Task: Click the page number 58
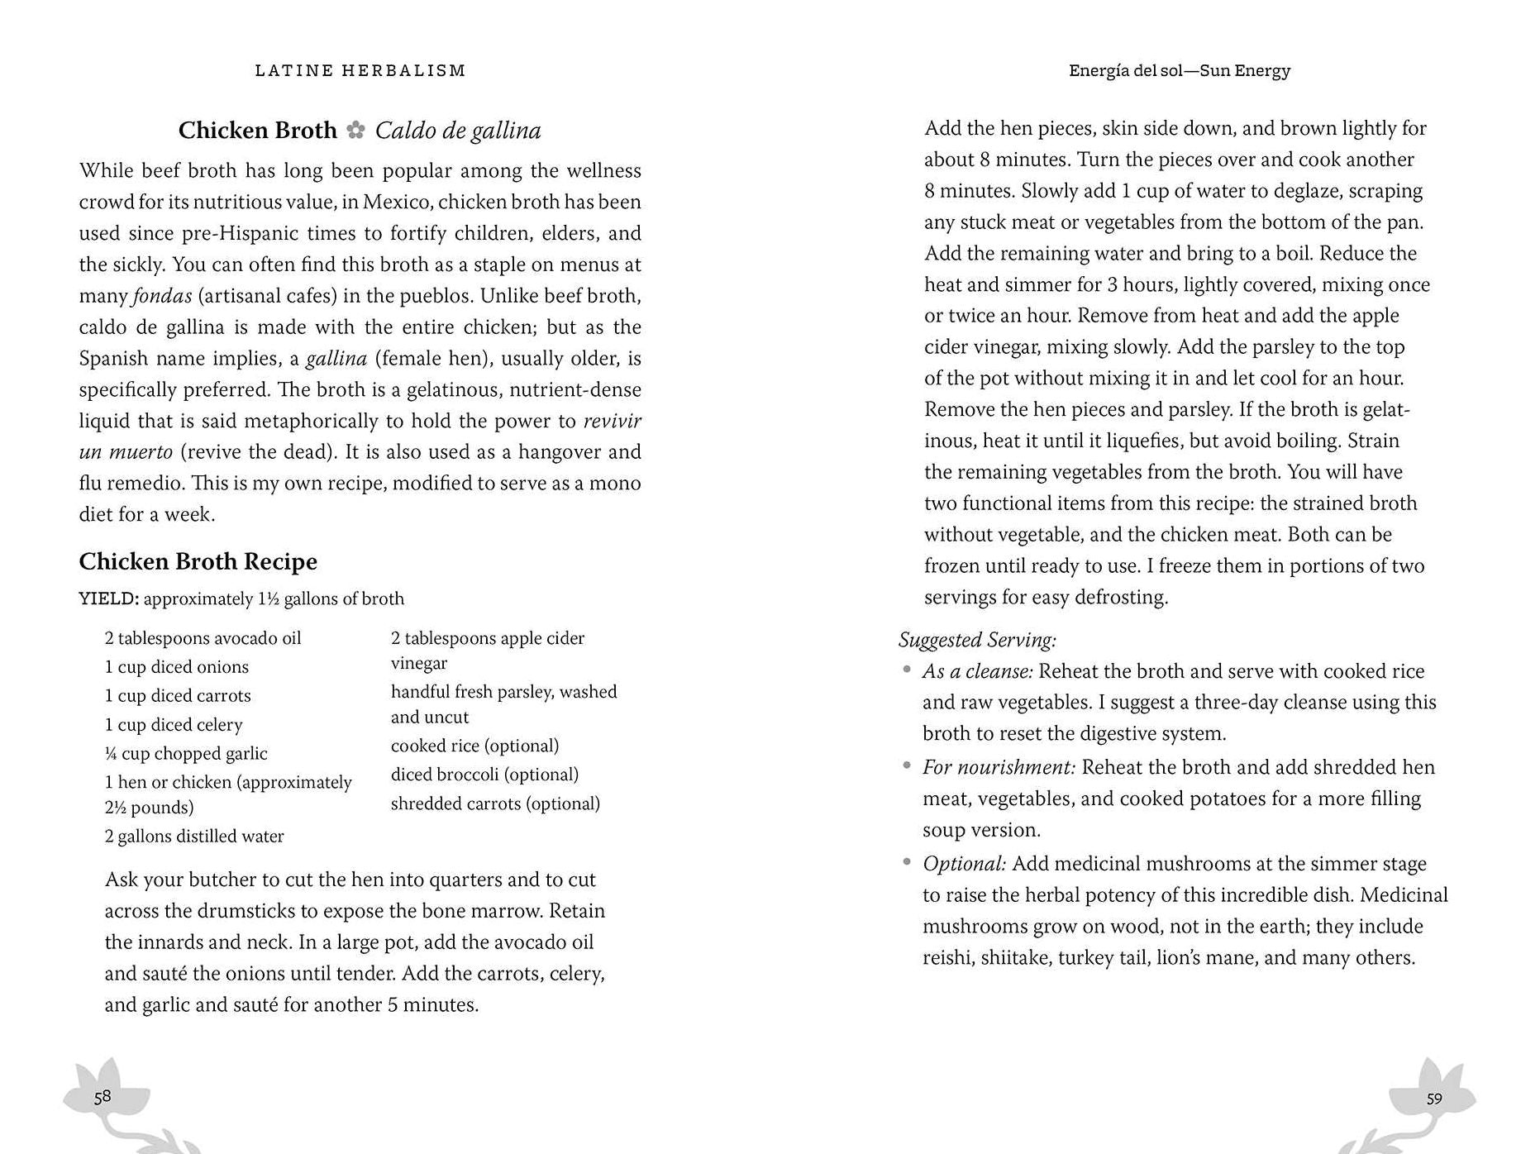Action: click(x=102, y=1097)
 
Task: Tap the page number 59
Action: click(x=1434, y=1099)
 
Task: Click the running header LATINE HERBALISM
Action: click(x=360, y=71)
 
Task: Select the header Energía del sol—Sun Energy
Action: click(x=1179, y=71)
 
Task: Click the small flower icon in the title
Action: click(x=356, y=131)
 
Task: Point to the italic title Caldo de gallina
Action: click(x=458, y=131)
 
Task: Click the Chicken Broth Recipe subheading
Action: click(x=198, y=561)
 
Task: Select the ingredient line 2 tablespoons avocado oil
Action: click(x=203, y=638)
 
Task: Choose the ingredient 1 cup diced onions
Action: click(x=176, y=667)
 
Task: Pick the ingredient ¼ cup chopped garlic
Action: click(x=186, y=753)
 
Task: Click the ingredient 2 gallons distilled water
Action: click(x=194, y=836)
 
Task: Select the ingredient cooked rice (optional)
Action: click(x=474, y=746)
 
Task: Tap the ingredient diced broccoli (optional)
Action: click(x=484, y=775)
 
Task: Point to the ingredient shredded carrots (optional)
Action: click(x=495, y=804)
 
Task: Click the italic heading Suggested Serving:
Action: click(x=977, y=640)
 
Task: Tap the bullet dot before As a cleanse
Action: click(x=907, y=670)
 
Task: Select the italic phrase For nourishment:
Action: click(x=999, y=767)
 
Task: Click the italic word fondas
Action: click(x=162, y=296)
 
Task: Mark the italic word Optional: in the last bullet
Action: click(x=964, y=864)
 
